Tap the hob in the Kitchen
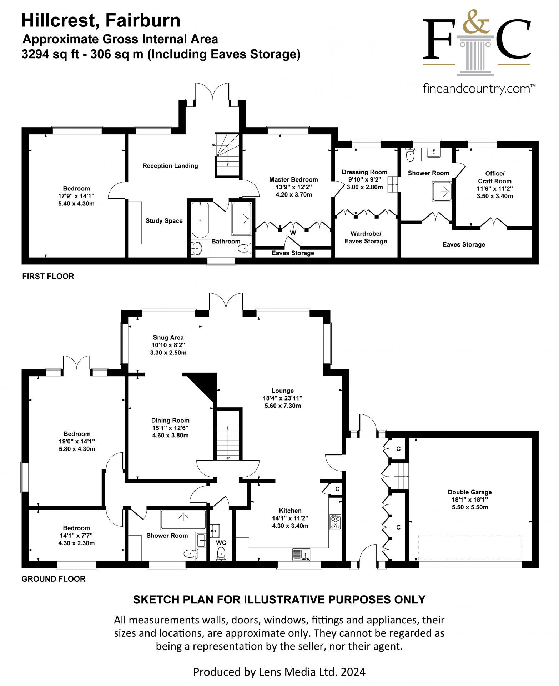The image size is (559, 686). (x=335, y=522)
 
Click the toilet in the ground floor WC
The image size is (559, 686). (x=221, y=554)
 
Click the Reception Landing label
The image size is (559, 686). (x=170, y=166)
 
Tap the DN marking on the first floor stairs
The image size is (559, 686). (x=214, y=145)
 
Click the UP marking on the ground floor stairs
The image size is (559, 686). (x=227, y=458)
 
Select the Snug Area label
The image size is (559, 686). (x=168, y=337)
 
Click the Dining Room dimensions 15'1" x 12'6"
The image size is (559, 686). (x=170, y=428)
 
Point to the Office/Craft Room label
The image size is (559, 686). (x=495, y=177)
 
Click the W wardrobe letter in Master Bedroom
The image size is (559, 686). (x=293, y=233)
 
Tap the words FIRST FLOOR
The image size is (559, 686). (x=48, y=276)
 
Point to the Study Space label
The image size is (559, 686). (x=164, y=221)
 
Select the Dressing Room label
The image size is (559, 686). (x=364, y=172)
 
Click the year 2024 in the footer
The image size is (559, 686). (x=353, y=672)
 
